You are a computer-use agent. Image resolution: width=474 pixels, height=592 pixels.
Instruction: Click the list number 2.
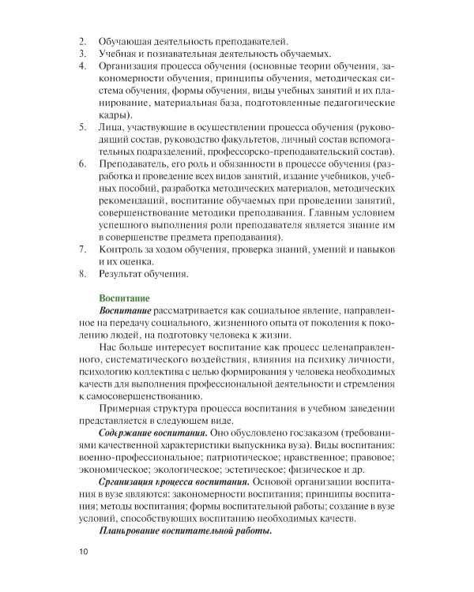tap(83, 40)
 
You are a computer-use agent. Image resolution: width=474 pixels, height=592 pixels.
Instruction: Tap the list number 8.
tap(83, 275)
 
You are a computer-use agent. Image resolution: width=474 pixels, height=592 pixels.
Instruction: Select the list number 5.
tap(83, 127)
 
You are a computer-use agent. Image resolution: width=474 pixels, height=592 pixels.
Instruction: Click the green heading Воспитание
tap(123, 298)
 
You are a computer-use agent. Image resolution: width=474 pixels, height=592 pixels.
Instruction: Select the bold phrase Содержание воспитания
tap(149, 434)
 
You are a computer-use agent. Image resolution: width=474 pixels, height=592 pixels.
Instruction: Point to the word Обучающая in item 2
tap(124, 40)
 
